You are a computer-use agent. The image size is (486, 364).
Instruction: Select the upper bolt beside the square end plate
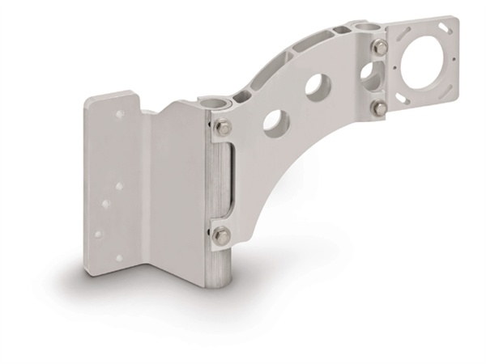pyautogui.click(x=379, y=49)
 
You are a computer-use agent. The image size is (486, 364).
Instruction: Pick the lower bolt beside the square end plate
pyautogui.click(x=379, y=107)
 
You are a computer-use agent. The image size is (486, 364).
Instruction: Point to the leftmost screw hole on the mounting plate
pyautogui.click(x=97, y=234)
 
